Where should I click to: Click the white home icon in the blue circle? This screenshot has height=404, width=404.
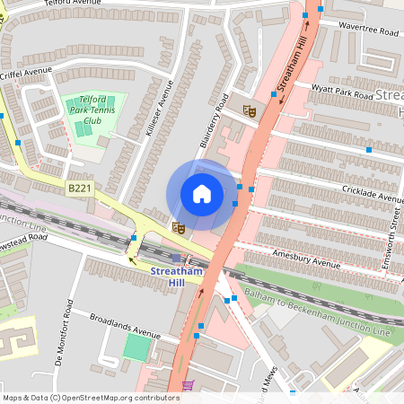(201, 193)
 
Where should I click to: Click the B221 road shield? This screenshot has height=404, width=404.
(78, 189)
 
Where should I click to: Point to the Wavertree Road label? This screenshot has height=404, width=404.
(368, 30)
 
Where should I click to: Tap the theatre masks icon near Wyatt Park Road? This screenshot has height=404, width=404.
(250, 110)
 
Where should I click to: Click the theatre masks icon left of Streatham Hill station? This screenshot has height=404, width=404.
(178, 228)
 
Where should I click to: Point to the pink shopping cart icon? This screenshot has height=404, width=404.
(188, 386)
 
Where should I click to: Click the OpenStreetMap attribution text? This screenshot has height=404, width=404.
(90, 398)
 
